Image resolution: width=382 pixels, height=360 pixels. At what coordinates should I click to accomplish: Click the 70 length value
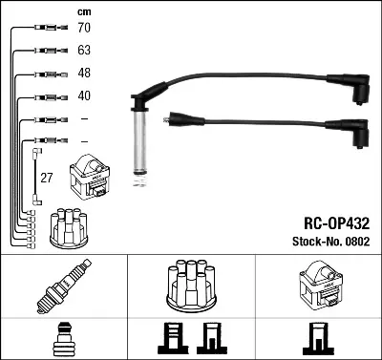pos(85,29)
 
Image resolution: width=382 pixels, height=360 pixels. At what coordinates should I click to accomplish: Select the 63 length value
pos(85,51)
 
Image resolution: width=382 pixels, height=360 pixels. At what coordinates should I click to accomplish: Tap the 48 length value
pos(85,73)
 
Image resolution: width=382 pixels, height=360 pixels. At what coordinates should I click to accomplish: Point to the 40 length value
pos(85,95)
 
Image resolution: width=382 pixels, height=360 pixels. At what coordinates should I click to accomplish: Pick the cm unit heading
pos(83,11)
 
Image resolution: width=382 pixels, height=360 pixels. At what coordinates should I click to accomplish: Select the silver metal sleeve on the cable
pos(140,138)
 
